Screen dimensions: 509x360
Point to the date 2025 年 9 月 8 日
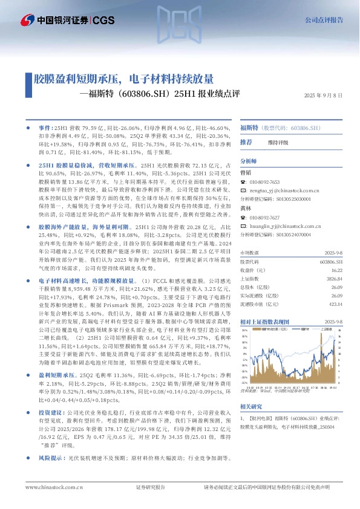point(324,96)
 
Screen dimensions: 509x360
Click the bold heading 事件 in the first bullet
point(45,128)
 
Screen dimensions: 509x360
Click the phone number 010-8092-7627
point(264,216)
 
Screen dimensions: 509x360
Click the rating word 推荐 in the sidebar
point(246,142)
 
